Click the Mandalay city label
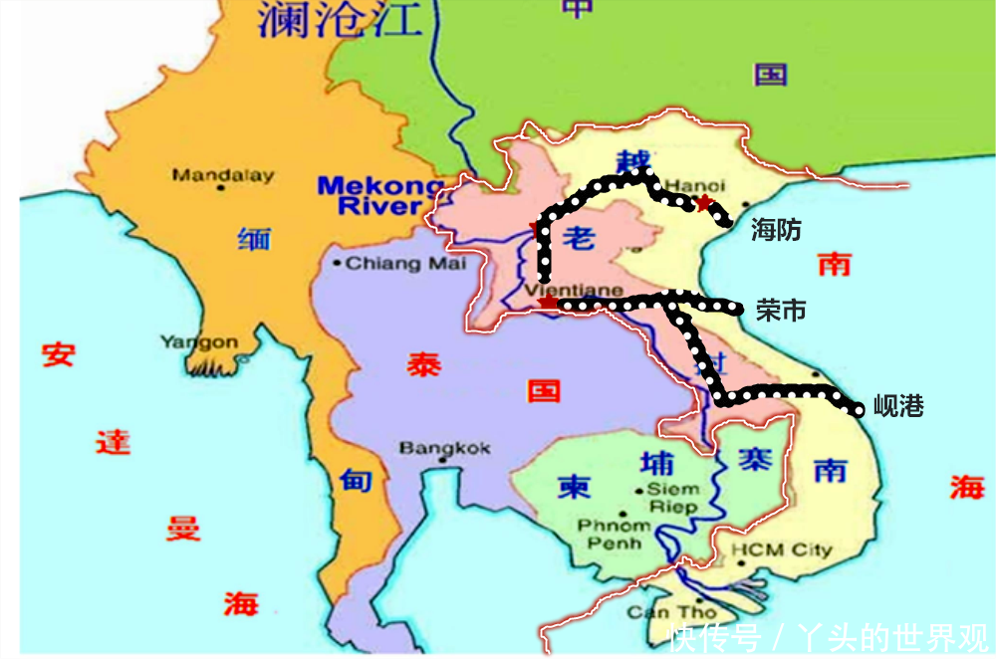[223, 175]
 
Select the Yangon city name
[199, 342]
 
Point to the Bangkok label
[445, 449]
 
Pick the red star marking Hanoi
[704, 203]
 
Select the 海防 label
[776, 230]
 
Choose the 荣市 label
[781, 311]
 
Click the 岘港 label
[898, 406]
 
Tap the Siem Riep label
[673, 498]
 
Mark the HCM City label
[782, 550]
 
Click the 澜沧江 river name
[340, 20]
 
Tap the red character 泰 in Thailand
[422, 365]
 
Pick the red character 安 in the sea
[58, 353]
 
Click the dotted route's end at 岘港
[859, 408]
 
